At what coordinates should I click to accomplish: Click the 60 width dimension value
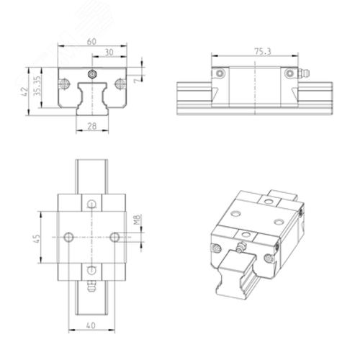pos(91,42)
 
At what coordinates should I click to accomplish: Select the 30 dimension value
pos(109,53)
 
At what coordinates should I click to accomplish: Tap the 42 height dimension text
pos(24,92)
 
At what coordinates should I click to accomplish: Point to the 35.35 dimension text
pos(37,86)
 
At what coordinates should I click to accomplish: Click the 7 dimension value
pos(137,80)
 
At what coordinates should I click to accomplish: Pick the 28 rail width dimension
pos(92,126)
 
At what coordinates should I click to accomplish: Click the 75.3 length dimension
pos(263,51)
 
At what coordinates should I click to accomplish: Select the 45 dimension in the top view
pos(37,238)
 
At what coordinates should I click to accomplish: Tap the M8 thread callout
pos(137,220)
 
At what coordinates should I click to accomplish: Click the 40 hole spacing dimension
pos(91,325)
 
